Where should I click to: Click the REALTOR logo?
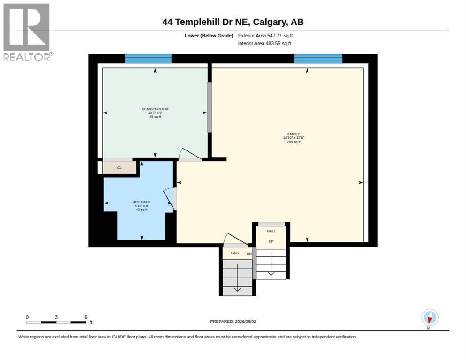pyautogui.click(x=27, y=32)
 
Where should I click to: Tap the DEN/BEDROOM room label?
pyautogui.click(x=155, y=109)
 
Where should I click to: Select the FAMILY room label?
pyautogui.click(x=293, y=134)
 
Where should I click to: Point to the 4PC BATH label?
pyautogui.click(x=142, y=202)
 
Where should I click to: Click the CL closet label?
pyautogui.click(x=119, y=168)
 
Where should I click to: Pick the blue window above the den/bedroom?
pyautogui.click(x=148, y=59)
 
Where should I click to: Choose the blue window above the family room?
pyautogui.click(x=318, y=59)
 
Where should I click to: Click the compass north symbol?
pyautogui.click(x=430, y=318)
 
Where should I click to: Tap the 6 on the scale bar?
pyautogui.click(x=86, y=317)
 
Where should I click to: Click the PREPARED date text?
pyautogui.click(x=233, y=322)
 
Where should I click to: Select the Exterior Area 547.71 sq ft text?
pyautogui.click(x=265, y=36)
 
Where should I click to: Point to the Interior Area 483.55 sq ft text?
pyautogui.click(x=264, y=44)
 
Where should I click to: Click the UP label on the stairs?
pyautogui.click(x=271, y=241)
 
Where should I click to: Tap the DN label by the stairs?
pyautogui.click(x=249, y=254)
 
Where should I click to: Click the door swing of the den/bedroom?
pyautogui.click(x=190, y=154)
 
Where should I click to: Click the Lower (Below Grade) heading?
pyautogui.click(x=209, y=36)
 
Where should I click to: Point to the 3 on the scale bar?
pyautogui.click(x=56, y=317)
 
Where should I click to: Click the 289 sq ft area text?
pyautogui.click(x=293, y=142)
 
